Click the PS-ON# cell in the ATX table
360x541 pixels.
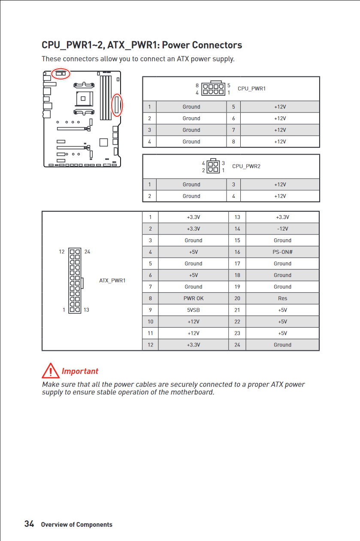[282, 252]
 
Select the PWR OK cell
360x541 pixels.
[193, 298]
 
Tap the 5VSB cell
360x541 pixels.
[193, 310]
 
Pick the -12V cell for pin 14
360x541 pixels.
[282, 229]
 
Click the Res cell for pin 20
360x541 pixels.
[282, 298]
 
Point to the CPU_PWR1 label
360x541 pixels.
[251, 88]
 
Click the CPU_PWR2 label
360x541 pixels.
[246, 166]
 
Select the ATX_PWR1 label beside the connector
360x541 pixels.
[112, 280]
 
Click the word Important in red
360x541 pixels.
[80, 371]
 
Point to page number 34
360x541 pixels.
[29, 524]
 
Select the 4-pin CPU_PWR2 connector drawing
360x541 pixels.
[213, 166]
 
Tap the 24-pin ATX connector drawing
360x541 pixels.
[75, 280]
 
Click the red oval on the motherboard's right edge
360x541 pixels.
[117, 104]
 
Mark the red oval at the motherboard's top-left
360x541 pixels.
[61, 74]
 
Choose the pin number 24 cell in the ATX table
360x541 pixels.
[237, 345]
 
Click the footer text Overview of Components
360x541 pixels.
[76, 524]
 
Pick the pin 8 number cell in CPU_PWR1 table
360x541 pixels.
[233, 142]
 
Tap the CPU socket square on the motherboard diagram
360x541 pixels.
[85, 98]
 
